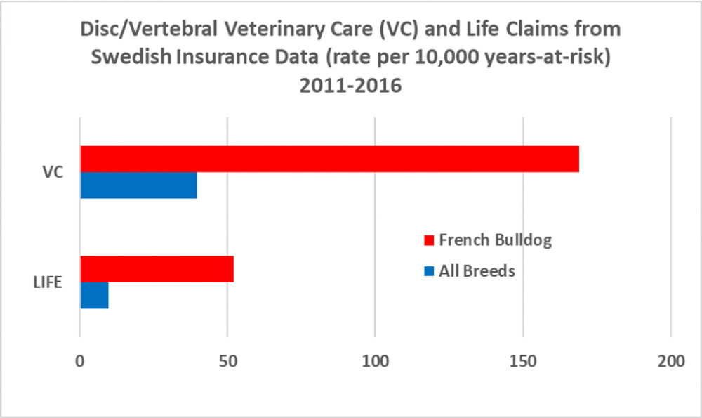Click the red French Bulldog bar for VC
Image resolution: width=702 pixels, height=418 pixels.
click(x=329, y=159)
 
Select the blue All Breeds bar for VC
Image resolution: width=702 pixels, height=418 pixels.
click(x=138, y=185)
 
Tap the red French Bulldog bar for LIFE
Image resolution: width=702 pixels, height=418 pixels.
click(x=157, y=270)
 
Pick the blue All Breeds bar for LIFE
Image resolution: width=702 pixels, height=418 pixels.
click(x=94, y=295)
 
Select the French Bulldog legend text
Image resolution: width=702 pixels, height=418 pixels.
click(x=495, y=240)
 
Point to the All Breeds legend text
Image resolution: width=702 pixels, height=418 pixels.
click(x=477, y=270)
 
